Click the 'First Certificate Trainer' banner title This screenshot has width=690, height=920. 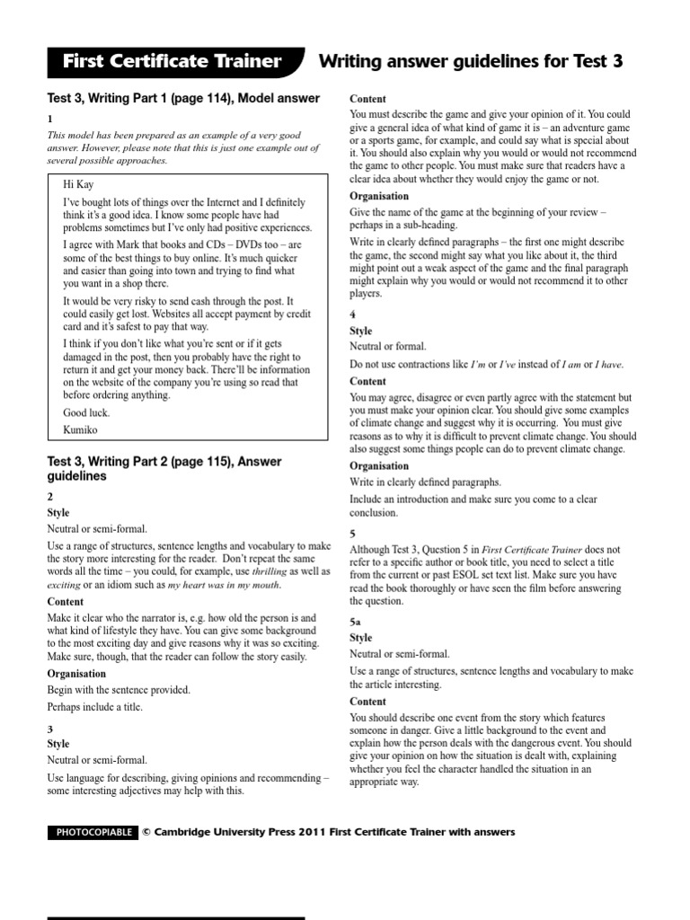point(172,62)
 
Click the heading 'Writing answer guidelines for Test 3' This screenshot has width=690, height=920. point(471,62)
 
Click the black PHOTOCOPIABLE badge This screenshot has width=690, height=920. point(92,833)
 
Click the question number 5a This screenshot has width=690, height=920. point(356,621)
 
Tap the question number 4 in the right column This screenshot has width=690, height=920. point(352,315)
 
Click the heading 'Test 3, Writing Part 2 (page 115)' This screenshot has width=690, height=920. point(164,462)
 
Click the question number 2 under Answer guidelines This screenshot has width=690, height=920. point(50,497)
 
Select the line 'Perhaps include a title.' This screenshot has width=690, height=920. point(101,707)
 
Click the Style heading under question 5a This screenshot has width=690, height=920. point(361,637)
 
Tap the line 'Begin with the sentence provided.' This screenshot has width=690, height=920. point(119,690)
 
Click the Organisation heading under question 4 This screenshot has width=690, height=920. point(379,466)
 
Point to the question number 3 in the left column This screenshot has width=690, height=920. point(50,729)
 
